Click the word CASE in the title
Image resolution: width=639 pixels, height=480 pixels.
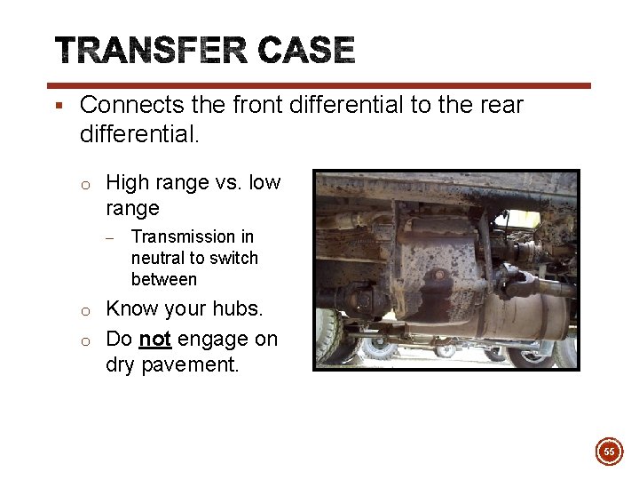click(x=306, y=51)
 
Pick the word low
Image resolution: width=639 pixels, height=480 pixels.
click(x=264, y=183)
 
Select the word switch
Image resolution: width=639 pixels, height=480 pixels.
click(x=234, y=258)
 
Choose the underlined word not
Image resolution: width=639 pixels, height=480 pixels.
click(x=154, y=340)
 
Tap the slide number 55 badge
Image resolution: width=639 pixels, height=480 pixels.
click(x=609, y=452)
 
